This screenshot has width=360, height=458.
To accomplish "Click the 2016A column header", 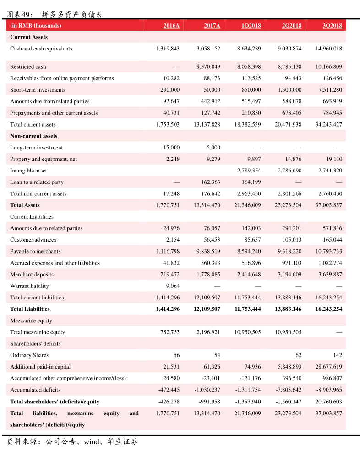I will coord(171,26).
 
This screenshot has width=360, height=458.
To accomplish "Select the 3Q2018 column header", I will coord(333,26).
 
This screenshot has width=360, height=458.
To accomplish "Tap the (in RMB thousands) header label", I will coord(36,26).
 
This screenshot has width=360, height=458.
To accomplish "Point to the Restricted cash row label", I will coord(28,67).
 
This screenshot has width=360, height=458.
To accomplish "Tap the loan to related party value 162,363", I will coord(211,182).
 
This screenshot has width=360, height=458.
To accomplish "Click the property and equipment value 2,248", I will coord(173,159).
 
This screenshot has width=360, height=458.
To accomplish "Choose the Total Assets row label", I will coord(25,205).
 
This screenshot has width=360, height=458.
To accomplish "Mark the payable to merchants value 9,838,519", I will coord(208,251).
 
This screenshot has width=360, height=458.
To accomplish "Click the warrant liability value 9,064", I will coord(173,286).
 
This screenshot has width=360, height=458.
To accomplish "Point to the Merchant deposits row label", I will coord(32,275).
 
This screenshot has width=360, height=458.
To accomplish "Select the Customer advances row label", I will coord(33,240).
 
